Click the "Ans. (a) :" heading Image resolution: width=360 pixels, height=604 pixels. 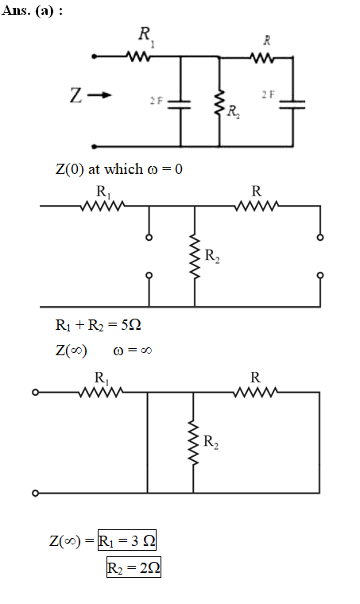pos(32,10)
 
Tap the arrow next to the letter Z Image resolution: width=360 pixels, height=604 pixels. pos(99,95)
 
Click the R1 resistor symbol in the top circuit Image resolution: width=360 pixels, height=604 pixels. pos(138,57)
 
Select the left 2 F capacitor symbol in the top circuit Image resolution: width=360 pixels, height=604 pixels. pos(180,105)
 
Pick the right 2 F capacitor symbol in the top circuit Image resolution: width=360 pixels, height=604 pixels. pos(292,105)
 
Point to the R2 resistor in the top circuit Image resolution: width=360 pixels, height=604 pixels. pos(219,103)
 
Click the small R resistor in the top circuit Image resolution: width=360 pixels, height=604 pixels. pos(262,58)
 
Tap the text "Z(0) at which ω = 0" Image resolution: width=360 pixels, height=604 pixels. pos(119,169)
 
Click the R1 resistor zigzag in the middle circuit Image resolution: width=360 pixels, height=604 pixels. pos(103,206)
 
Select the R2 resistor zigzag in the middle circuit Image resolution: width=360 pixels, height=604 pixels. pos(195,257)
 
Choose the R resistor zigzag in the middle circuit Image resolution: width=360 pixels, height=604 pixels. pos(257,206)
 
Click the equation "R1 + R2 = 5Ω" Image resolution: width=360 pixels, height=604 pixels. pos(99,325)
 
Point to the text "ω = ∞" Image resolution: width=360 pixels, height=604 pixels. pos(133,350)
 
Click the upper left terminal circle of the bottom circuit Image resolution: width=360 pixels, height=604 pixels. pos(36,393)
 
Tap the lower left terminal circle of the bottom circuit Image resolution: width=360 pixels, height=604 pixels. pos(36,493)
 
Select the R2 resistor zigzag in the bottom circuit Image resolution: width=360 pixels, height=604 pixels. pos(193,443)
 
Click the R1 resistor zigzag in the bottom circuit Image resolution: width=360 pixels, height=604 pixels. pos(101,393)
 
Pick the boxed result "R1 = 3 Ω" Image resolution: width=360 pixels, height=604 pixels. pos(127,540)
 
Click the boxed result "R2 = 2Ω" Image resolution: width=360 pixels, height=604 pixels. pos(134,567)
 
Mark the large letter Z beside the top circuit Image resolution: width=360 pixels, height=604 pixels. pos(75,95)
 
